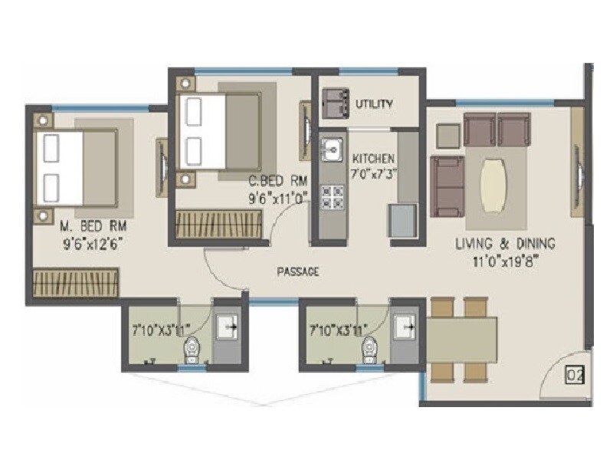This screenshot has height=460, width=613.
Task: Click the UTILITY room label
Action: (x=375, y=103)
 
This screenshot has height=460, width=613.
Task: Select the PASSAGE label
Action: (x=298, y=271)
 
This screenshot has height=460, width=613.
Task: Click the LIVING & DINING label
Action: (x=505, y=244)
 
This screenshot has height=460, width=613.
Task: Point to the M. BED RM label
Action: (x=92, y=227)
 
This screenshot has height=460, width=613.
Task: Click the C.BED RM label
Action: (x=277, y=182)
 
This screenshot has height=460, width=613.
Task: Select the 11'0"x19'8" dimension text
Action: (x=505, y=259)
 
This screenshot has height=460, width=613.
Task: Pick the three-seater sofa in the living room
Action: (x=447, y=186)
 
